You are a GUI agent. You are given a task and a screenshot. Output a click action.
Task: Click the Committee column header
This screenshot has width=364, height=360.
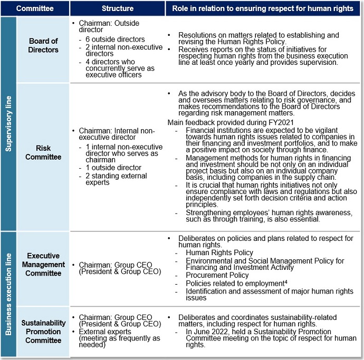click(36, 8)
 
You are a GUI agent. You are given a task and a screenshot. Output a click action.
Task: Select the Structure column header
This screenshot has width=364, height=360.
click(118, 8)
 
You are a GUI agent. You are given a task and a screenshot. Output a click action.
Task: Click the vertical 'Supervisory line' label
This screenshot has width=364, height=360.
click(8, 123)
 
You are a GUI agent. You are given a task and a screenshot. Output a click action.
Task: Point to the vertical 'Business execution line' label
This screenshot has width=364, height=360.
click(8, 293)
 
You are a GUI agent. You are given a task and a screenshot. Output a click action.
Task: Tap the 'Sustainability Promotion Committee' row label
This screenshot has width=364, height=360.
click(43, 331)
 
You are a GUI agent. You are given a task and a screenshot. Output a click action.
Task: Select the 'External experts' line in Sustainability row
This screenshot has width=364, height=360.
click(105, 332)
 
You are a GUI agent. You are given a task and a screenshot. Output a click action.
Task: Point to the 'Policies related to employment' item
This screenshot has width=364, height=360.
click(235, 284)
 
